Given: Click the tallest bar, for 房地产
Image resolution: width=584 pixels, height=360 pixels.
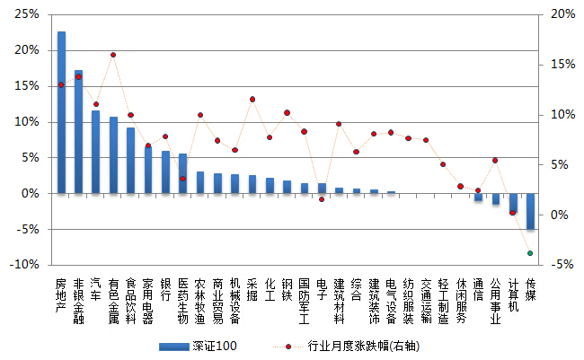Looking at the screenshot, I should [x=61, y=112].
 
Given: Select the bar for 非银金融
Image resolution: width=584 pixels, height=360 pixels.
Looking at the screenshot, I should [x=79, y=131].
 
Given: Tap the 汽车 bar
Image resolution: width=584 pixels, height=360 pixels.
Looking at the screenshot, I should [x=96, y=152].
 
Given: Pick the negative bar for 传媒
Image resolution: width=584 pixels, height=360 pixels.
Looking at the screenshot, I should [x=531, y=211].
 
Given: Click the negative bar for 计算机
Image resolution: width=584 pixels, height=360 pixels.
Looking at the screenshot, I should [x=513, y=203].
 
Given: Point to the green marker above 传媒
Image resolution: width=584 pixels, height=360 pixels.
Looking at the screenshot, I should [x=530, y=253].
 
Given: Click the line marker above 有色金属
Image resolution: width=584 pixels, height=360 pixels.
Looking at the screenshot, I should [x=113, y=55].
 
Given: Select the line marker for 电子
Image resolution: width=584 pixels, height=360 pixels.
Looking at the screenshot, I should [x=322, y=198].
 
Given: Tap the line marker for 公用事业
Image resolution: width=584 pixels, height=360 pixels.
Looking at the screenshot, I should [x=495, y=161].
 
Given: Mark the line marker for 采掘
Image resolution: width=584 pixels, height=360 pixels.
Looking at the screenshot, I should [x=252, y=99].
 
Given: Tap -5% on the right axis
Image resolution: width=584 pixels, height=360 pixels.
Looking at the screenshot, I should [x=562, y=265].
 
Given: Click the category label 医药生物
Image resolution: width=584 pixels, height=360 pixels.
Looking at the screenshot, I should [x=183, y=300].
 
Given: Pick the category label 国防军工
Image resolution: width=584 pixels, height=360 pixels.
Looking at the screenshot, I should [x=305, y=300].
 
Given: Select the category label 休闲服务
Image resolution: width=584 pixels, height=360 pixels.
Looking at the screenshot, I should [x=461, y=300].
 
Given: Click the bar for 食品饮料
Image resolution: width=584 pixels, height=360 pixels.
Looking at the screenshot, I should [x=131, y=160].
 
